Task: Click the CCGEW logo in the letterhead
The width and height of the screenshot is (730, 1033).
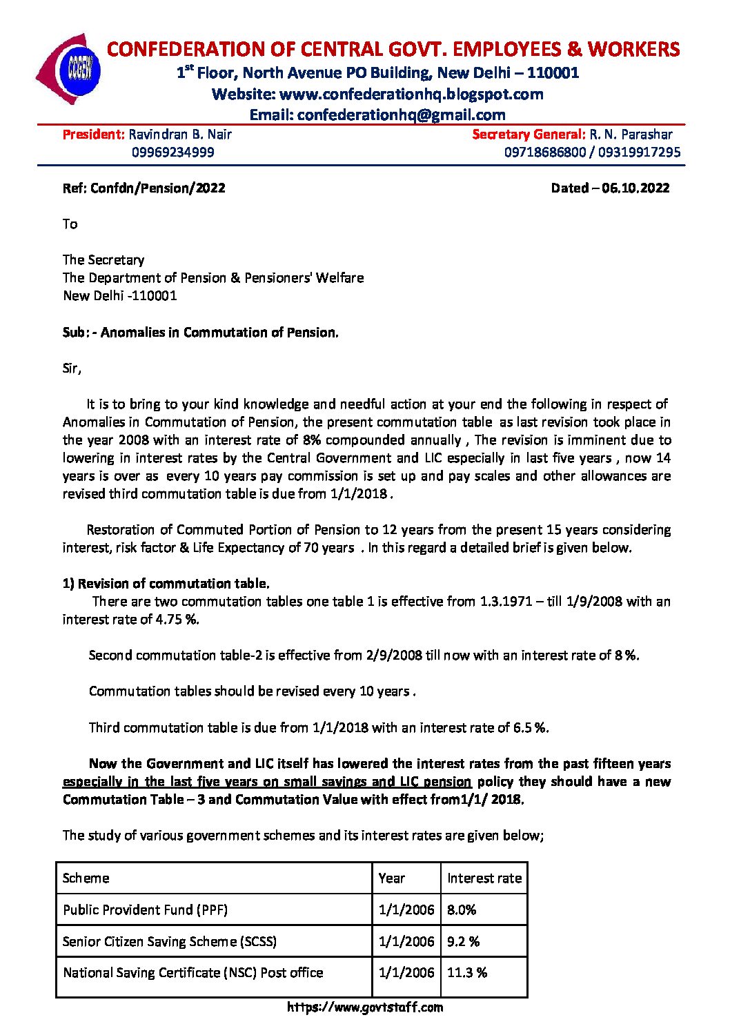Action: point(70,68)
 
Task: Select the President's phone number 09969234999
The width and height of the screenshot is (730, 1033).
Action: point(172,152)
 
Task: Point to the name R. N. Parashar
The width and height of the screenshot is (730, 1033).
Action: point(631,134)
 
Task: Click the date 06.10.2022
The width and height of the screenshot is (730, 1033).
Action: point(635,188)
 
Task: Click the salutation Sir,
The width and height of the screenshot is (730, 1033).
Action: point(72,368)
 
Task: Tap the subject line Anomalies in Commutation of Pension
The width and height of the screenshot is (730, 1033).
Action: point(219,332)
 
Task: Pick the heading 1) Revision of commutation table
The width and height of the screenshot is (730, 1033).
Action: point(166,583)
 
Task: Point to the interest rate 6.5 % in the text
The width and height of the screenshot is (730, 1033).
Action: point(531,727)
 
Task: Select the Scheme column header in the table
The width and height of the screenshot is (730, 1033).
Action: point(86,878)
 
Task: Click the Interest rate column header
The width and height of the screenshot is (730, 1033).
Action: point(484,878)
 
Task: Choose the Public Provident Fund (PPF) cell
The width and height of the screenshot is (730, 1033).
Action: point(145,909)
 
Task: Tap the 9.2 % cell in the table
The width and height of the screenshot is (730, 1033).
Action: point(463,941)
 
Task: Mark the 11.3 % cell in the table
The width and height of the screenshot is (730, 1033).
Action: point(466,972)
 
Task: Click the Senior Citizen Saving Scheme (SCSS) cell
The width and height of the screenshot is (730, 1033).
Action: point(169,941)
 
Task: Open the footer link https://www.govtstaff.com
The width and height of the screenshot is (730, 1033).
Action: point(364,1007)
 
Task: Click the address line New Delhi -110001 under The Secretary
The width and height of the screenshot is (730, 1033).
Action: point(119,295)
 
